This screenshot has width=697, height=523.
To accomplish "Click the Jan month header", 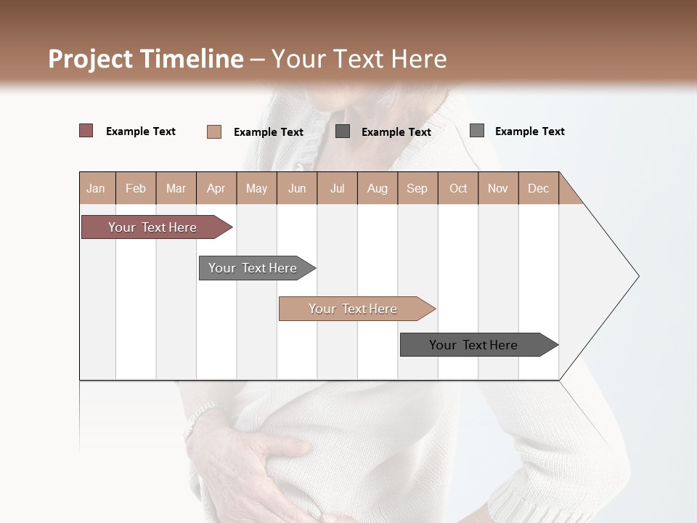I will pyautogui.click(x=97, y=188).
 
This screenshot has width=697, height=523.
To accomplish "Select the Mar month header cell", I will pyautogui.click(x=176, y=188).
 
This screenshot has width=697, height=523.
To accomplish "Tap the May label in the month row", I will pyautogui.click(x=256, y=188).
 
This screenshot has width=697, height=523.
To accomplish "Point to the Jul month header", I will pyautogui.click(x=337, y=188).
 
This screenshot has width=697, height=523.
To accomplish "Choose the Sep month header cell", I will pyautogui.click(x=417, y=188).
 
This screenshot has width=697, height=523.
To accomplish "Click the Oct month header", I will pyautogui.click(x=458, y=188).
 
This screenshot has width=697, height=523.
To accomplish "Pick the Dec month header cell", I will pyautogui.click(x=538, y=188).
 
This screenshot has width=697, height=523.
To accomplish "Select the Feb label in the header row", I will pyautogui.click(x=136, y=188).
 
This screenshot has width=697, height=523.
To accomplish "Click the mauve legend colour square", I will pyautogui.click(x=86, y=131).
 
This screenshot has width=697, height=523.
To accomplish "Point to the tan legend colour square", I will pyautogui.click(x=214, y=131).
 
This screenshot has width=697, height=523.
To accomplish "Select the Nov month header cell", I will pyautogui.click(x=498, y=188).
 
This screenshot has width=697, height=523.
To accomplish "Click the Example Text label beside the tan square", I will pyautogui.click(x=268, y=132).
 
